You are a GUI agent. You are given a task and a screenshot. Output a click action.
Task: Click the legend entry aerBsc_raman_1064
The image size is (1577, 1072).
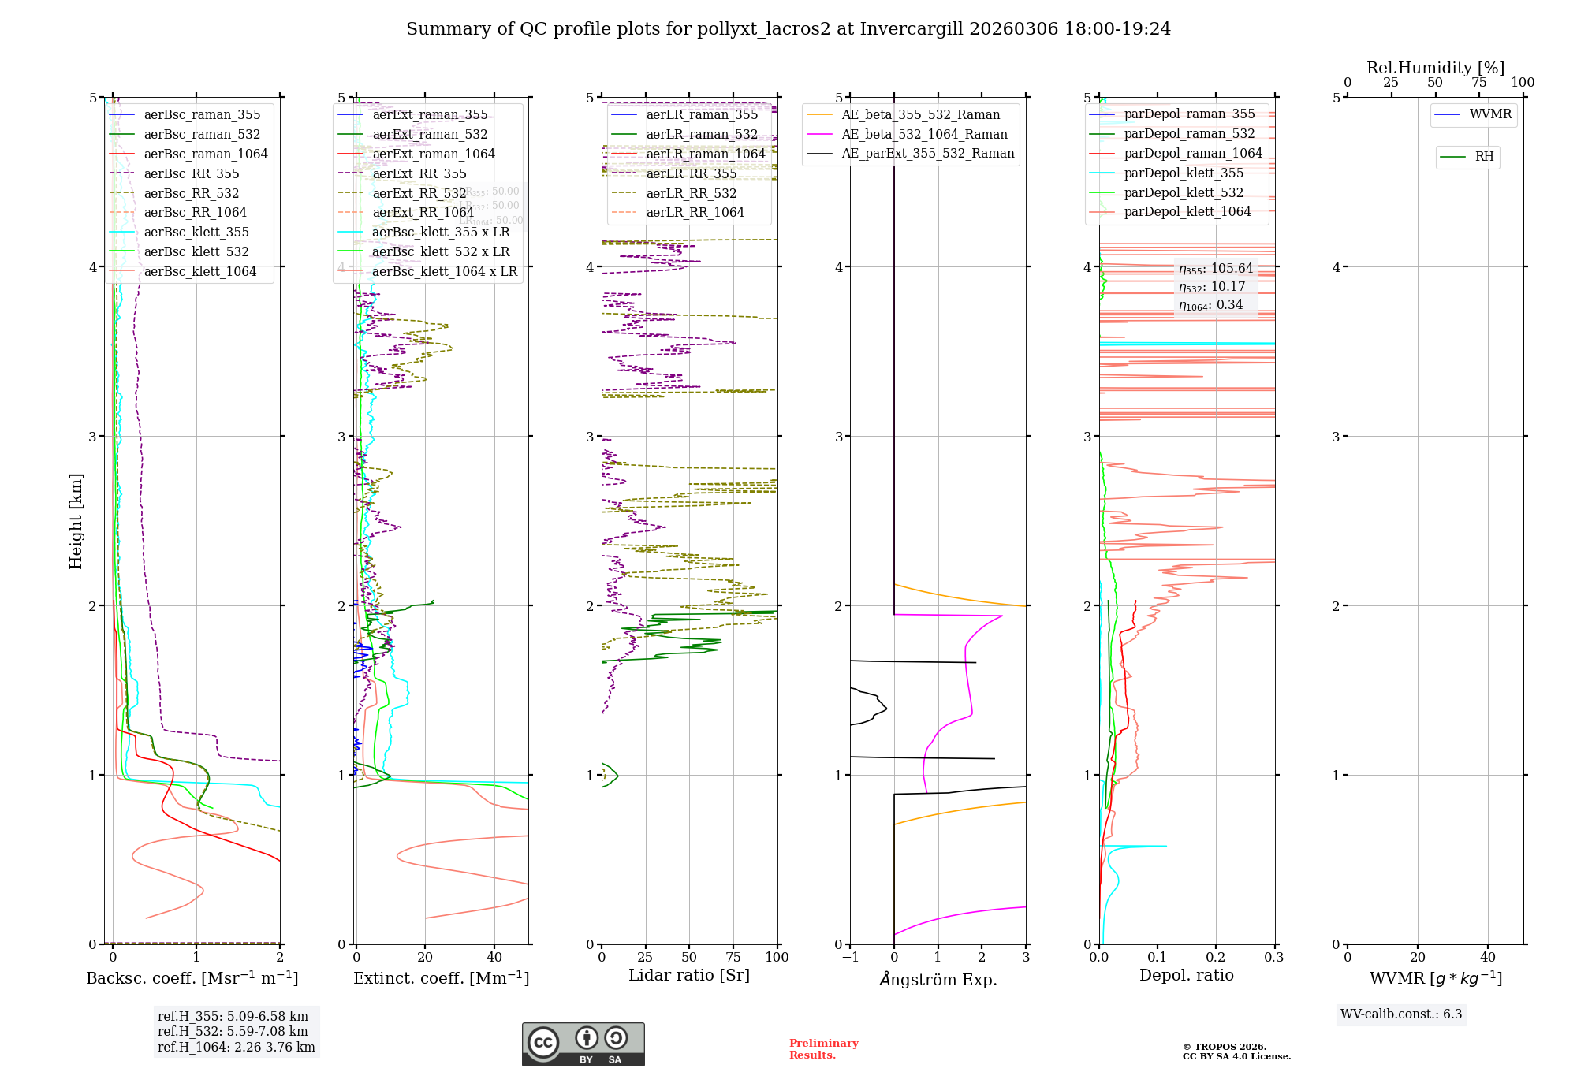(206, 154)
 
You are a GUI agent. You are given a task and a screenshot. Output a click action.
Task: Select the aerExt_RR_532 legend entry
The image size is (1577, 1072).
(419, 193)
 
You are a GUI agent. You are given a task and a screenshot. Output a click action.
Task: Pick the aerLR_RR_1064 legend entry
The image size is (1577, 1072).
(695, 212)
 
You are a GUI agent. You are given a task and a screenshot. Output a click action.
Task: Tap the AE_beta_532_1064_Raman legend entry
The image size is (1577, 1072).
(924, 134)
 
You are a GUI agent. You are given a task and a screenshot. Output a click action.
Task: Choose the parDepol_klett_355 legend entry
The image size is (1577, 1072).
(1184, 173)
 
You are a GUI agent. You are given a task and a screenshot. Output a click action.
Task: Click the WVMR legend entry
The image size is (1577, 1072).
(1490, 114)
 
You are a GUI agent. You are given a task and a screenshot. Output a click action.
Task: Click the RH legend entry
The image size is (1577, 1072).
(1484, 157)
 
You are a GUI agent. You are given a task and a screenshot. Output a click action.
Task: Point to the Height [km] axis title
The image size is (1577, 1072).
(76, 521)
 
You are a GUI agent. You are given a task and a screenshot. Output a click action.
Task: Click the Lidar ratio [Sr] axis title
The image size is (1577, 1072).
(688, 975)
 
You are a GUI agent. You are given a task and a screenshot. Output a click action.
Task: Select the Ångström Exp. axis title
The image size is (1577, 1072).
(938, 979)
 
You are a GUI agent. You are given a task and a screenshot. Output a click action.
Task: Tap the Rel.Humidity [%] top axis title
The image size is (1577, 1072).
(1435, 68)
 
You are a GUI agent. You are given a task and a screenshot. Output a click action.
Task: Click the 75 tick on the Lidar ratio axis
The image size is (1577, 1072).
(733, 957)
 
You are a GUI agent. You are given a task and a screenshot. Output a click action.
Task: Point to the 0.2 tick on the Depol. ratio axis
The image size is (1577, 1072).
(1216, 957)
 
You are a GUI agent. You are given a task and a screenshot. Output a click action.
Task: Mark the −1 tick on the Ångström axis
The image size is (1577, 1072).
(849, 957)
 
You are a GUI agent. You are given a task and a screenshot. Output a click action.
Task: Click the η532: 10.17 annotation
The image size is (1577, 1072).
(1212, 287)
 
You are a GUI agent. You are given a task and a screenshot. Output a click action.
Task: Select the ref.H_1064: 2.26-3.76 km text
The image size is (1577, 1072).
(236, 1047)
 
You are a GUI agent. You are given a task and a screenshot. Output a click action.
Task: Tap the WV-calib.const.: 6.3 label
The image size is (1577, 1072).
(1401, 1014)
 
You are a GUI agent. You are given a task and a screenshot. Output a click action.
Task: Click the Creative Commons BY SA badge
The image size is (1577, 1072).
(583, 1044)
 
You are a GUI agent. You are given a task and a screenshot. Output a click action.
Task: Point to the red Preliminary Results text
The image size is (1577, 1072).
(823, 1048)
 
